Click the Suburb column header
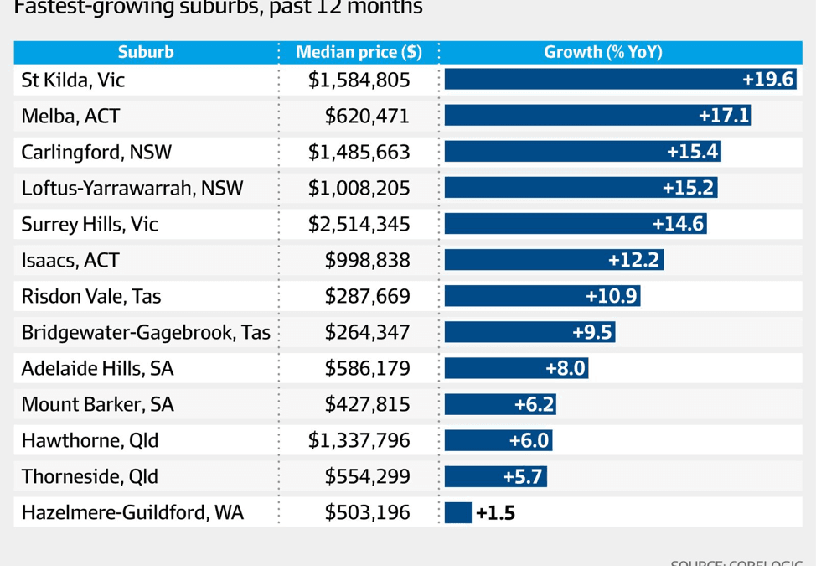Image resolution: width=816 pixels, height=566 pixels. click(146, 52)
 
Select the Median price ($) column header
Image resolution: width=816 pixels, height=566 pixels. click(359, 52)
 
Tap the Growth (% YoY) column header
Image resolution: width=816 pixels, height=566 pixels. click(603, 52)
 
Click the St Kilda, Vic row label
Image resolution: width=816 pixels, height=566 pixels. click(73, 80)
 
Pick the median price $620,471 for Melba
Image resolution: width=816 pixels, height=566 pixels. click(367, 116)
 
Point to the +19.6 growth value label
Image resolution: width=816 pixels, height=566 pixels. click(767, 80)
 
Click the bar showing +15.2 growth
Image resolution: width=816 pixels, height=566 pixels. click(580, 188)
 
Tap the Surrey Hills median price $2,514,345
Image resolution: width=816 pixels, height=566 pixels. click(359, 224)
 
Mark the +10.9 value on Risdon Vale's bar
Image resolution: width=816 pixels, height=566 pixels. click(612, 296)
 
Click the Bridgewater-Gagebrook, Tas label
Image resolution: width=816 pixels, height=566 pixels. click(146, 332)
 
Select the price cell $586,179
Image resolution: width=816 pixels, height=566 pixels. click(367, 368)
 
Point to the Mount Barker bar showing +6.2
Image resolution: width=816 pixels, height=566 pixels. click(499, 404)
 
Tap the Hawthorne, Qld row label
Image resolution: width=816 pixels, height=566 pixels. click(90, 440)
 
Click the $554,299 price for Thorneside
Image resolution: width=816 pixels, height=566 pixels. click(367, 476)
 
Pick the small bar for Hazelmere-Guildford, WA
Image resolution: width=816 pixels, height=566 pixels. click(458, 512)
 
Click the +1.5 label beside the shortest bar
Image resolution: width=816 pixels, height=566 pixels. click(495, 512)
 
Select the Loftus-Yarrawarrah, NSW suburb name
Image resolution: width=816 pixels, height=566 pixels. click(132, 188)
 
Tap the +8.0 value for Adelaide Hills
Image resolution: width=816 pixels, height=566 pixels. click(566, 368)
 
